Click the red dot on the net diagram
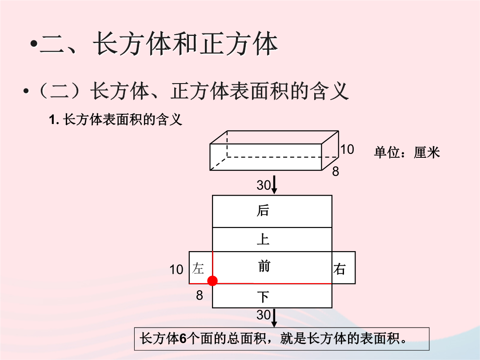pyautogui.click(x=212, y=281)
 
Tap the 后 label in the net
pyautogui.click(x=263, y=211)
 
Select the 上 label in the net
pyautogui.click(x=263, y=239)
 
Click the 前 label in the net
pyautogui.click(x=264, y=266)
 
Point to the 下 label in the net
pyautogui.click(x=263, y=296)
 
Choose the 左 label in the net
pyautogui.click(x=198, y=268)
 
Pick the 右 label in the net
pyautogui.click(x=340, y=269)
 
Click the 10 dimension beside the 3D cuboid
pyautogui.click(x=347, y=149)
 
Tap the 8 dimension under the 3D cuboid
pyautogui.click(x=336, y=172)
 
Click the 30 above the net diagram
pyautogui.click(x=264, y=185)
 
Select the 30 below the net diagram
pyautogui.click(x=264, y=315)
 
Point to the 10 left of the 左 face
pyautogui.click(x=176, y=270)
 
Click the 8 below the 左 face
pyautogui.click(x=200, y=295)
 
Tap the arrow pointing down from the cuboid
pyautogui.click(x=274, y=184)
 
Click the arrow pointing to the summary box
pyautogui.click(x=274, y=318)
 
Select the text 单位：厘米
pyautogui.click(x=407, y=152)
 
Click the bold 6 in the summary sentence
pyautogui.click(x=183, y=339)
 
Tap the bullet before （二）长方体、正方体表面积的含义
pyautogui.click(x=26, y=91)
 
